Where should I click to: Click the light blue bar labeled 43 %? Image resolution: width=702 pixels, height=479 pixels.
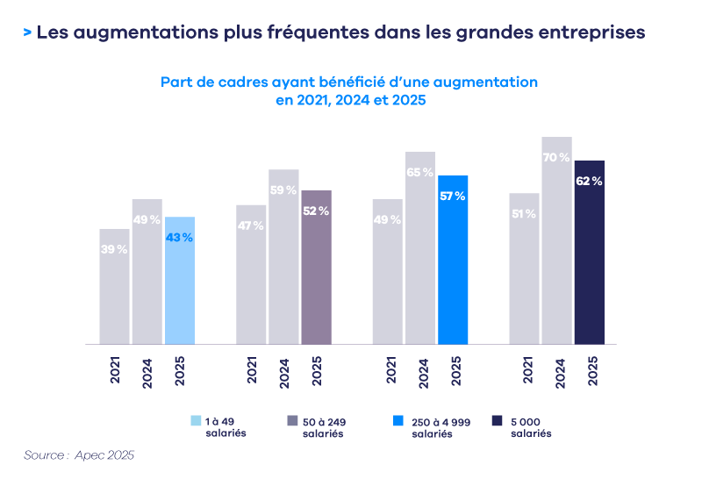(x=179, y=281)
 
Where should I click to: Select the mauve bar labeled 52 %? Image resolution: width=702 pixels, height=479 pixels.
(x=316, y=268)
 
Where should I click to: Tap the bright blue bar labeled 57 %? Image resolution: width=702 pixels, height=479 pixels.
(x=453, y=260)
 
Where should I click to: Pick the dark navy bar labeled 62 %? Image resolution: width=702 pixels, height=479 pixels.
(x=590, y=253)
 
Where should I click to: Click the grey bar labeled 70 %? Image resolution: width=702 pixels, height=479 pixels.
(x=556, y=240)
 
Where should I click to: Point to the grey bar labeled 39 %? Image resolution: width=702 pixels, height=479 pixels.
(x=114, y=287)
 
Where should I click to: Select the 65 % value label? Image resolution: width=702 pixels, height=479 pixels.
(x=420, y=173)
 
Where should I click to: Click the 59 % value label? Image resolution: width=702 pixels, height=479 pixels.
(x=283, y=190)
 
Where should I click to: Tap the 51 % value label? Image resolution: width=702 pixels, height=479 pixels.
(x=524, y=214)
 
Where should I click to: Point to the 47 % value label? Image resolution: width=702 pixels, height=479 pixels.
(x=251, y=225)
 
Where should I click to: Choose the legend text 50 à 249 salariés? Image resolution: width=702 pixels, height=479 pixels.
(x=324, y=428)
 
